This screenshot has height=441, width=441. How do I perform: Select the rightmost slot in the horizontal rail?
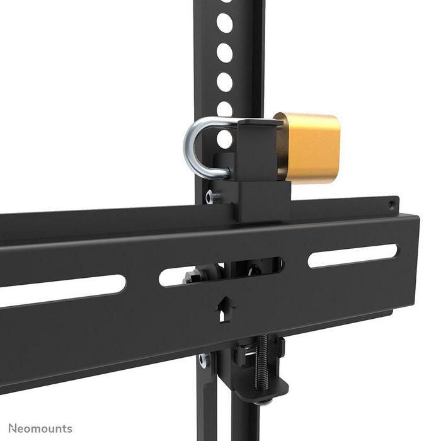(x=353, y=256)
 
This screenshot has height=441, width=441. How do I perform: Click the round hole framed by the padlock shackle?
(x=224, y=139)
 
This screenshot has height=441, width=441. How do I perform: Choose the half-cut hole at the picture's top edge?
(x=226, y=3)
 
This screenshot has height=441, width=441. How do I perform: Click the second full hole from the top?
(x=224, y=52)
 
